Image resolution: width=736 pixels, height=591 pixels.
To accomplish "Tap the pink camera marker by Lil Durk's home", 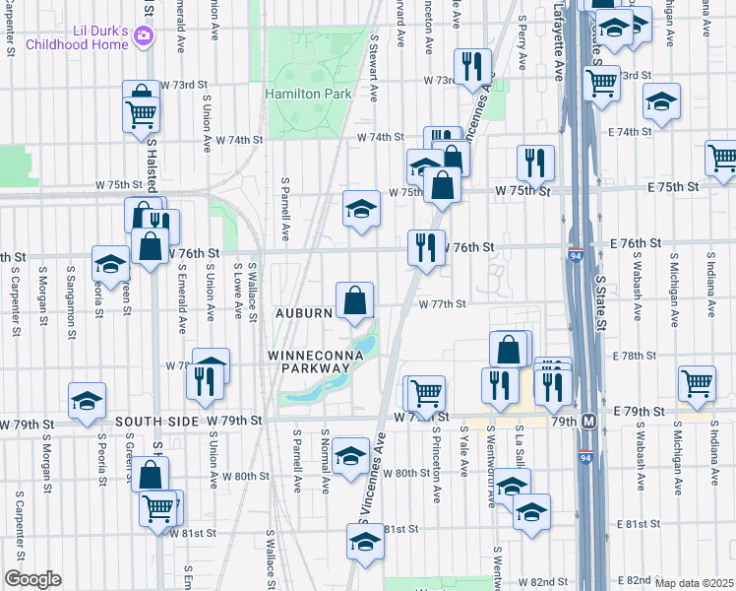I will pyautogui.click(x=145, y=35).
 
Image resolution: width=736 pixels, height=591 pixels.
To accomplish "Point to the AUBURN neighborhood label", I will pyautogui.click(x=305, y=312).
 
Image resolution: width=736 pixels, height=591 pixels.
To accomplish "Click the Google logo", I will pyautogui.click(x=32, y=579).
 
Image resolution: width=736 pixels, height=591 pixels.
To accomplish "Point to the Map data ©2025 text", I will pyautogui.click(x=695, y=583).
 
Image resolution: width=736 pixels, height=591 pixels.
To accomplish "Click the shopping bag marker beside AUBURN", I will pyautogui.click(x=354, y=299).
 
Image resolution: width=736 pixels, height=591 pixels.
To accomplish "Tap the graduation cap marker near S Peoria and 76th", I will pyautogui.click(x=110, y=262).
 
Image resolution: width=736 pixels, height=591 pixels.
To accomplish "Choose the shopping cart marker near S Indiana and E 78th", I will pyautogui.click(x=697, y=383).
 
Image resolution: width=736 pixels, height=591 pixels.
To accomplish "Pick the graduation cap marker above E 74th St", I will pyautogui.click(x=661, y=100).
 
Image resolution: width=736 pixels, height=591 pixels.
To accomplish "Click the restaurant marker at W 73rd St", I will pyautogui.click(x=472, y=66).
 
